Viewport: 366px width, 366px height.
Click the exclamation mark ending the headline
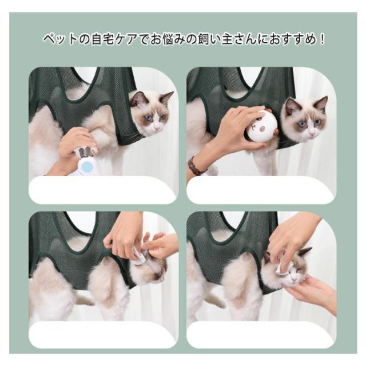tap(323, 39)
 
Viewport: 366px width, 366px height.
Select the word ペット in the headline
tap(59, 39)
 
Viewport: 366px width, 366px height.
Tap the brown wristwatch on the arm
tap(194, 166)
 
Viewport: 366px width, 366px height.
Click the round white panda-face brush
tap(262, 128)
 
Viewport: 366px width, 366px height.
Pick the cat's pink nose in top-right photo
tap(312, 133)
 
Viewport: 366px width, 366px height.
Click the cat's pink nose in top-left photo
tap(157, 128)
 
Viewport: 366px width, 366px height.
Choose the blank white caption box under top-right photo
tap(260, 190)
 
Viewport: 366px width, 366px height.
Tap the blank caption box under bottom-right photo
tap(260, 335)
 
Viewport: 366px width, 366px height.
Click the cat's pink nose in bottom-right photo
tap(295, 279)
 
